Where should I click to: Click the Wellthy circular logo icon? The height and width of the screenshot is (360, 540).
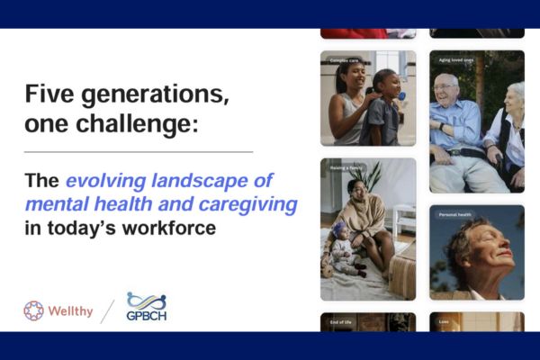33,310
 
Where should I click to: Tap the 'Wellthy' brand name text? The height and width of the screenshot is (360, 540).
70,311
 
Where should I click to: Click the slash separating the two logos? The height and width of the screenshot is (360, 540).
108,310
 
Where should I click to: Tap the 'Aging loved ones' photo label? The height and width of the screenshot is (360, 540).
456,61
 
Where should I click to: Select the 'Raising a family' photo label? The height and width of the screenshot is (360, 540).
345,168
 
